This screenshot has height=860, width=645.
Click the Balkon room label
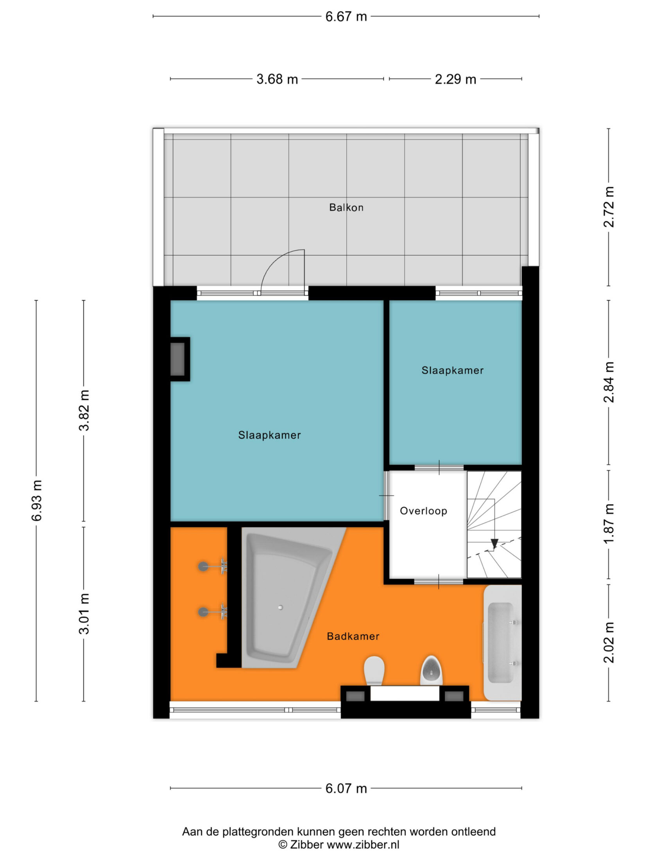point(346,207)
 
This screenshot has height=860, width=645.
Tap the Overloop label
point(423,511)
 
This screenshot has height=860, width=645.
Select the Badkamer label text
point(353,636)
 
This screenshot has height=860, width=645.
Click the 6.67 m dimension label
point(346,17)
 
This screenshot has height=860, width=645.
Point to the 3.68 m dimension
point(277,79)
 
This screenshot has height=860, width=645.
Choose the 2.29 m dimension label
point(455,79)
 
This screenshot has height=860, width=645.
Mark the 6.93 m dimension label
point(37,500)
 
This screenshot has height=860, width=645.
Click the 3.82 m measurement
point(84,410)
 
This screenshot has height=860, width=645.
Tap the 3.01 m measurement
point(84,613)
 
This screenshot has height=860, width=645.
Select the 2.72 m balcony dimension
point(609,207)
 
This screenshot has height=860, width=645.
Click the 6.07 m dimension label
point(346,788)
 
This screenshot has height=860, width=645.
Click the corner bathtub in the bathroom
point(289,598)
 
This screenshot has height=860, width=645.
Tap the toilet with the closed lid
point(374,671)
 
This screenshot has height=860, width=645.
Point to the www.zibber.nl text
point(363,845)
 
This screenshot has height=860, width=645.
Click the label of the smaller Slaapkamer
point(452,370)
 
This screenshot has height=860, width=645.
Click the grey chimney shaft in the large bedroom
point(178,359)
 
